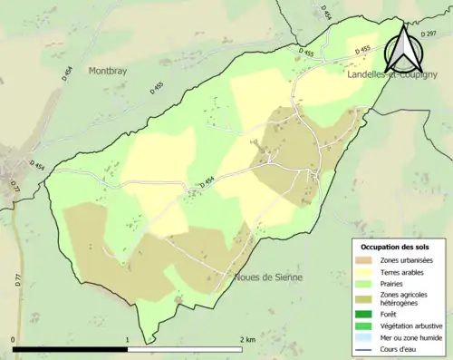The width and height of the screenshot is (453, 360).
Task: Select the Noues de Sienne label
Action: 268,277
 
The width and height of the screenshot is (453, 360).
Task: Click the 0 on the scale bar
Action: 14,340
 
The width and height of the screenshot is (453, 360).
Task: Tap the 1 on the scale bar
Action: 128,340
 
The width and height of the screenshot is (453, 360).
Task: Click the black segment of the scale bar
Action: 71,349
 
